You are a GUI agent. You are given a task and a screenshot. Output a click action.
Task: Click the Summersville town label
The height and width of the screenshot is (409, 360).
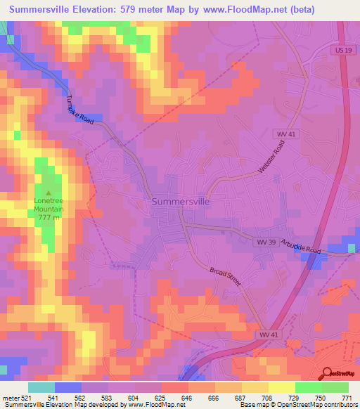(180, 201)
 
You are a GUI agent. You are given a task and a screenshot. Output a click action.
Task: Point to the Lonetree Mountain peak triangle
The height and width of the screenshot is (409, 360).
(49, 193)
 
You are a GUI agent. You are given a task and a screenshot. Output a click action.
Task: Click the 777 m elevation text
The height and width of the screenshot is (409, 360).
(49, 217)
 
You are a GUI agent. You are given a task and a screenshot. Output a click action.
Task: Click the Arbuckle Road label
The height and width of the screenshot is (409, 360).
(301, 247)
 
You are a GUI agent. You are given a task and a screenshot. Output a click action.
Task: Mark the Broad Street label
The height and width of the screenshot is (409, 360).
(226, 275)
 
